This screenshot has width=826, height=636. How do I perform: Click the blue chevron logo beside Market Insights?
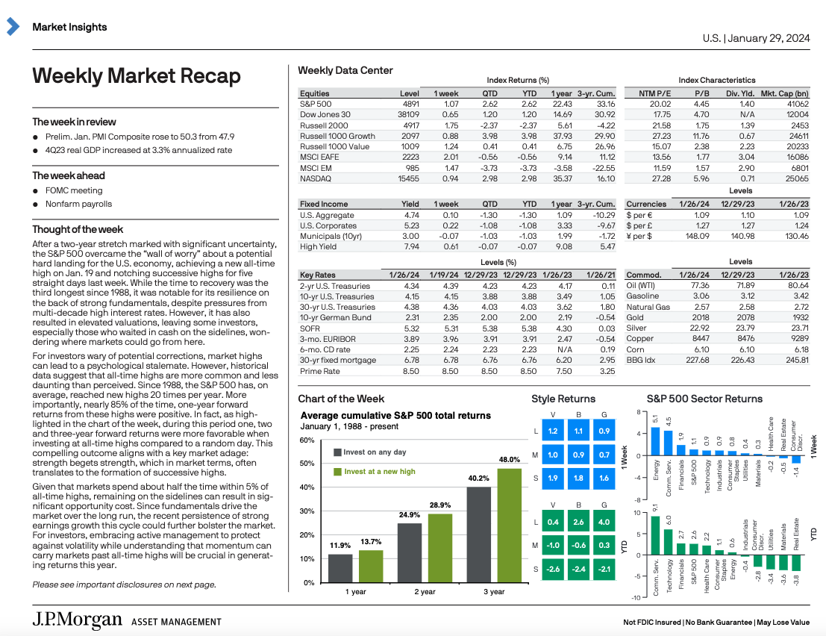pyautogui.click(x=13, y=27)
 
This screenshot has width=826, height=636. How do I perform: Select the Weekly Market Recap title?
pyautogui.click(x=136, y=76)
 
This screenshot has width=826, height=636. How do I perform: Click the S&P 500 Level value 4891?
pyautogui.click(x=410, y=104)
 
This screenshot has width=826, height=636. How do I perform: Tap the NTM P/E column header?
pyautogui.click(x=655, y=93)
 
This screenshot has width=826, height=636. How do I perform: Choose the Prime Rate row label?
pyautogui.click(x=319, y=371)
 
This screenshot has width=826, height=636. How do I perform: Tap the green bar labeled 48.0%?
pyautogui.click(x=509, y=525)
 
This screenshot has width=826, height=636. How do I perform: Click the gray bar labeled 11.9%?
pyautogui.click(x=340, y=568)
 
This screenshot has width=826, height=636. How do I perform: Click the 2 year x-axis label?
pyautogui.click(x=425, y=592)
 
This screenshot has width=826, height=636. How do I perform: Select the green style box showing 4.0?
pyautogui.click(x=604, y=523)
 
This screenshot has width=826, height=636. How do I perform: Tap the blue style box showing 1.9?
pyautogui.click(x=552, y=478)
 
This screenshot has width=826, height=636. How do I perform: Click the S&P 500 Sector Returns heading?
pyautogui.click(x=704, y=399)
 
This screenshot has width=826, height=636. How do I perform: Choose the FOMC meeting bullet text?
pyautogui.click(x=74, y=190)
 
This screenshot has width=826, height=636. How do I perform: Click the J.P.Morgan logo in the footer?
pyautogui.click(x=77, y=620)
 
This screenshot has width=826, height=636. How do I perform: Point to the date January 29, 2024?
pyautogui.click(x=769, y=37)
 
